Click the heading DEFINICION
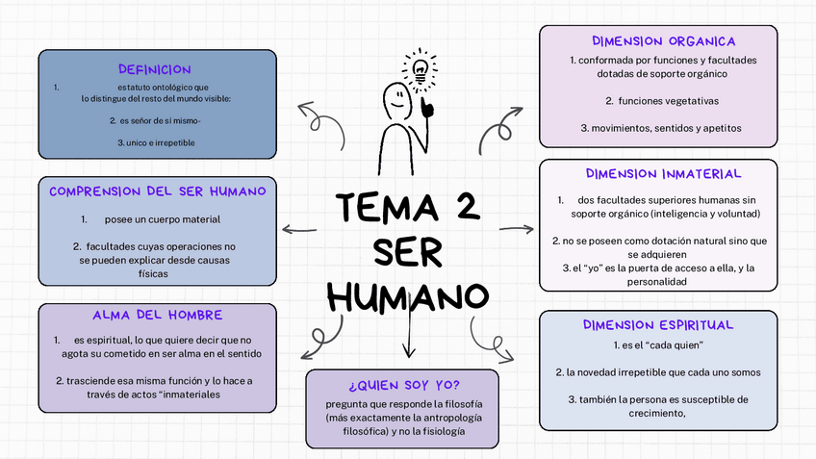pyautogui.click(x=154, y=69)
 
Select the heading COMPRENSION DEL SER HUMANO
pyautogui.click(x=157, y=191)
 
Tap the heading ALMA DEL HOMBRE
pyautogui.click(x=157, y=315)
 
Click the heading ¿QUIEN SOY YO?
pyautogui.click(x=404, y=385)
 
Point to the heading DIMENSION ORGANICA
pyautogui.click(x=664, y=41)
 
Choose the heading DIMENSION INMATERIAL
pyautogui.click(x=663, y=174)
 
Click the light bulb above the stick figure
pyautogui.click(x=420, y=68)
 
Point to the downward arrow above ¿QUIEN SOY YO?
pyautogui.click(x=409, y=337)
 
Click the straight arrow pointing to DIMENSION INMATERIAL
pyautogui.click(x=517, y=229)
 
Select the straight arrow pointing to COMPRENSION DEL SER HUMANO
pyautogui.click(x=298, y=229)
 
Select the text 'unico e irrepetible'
pyautogui.click(x=157, y=142)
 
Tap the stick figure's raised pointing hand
pyautogui.click(x=426, y=105)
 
